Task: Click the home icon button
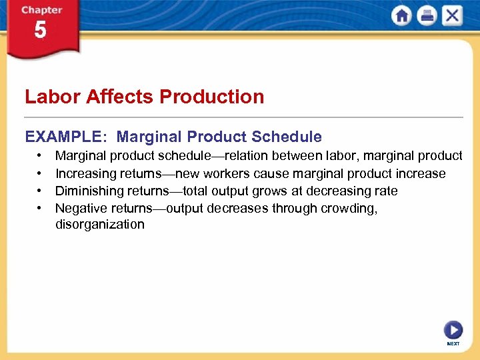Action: click(402, 16)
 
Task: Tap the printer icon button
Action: click(427, 16)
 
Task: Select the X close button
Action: click(452, 16)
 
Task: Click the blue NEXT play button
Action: click(453, 330)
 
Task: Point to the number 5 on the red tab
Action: click(41, 30)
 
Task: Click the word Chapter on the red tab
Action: click(41, 10)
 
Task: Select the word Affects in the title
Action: click(116, 97)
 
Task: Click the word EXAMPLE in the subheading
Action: click(63, 137)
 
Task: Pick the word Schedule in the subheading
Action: click(288, 137)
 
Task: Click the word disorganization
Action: click(99, 225)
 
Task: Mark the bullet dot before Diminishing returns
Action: click(41, 191)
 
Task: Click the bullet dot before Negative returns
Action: click(41, 209)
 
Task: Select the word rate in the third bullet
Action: click(385, 191)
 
